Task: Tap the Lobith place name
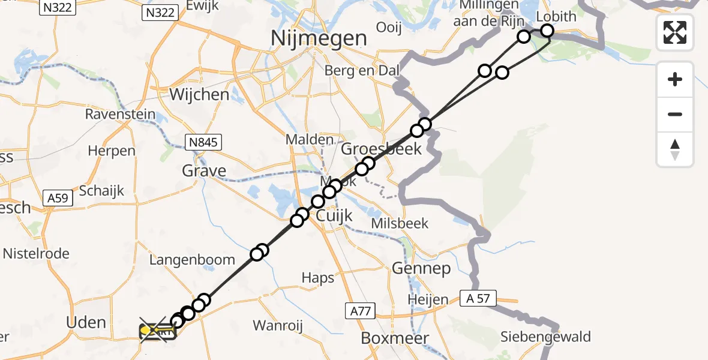tap(556, 16)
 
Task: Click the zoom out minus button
tap(675, 114)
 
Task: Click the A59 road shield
tap(58, 198)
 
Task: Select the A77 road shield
tap(361, 310)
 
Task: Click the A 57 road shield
tap(479, 298)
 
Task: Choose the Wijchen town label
tap(199, 94)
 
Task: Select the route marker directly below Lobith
tap(547, 31)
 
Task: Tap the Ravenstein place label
tap(120, 114)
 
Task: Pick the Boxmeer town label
tap(395, 338)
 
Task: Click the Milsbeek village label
tap(400, 223)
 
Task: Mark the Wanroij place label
tap(277, 326)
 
